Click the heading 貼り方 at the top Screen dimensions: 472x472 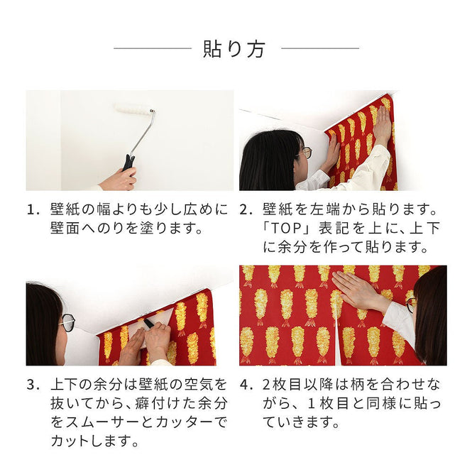(235, 49)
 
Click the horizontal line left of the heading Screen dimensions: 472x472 (152, 49)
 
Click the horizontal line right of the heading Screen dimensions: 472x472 (319, 49)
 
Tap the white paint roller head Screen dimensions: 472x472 (134, 109)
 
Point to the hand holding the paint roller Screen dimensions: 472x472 (118, 180)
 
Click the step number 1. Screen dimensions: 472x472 (32, 211)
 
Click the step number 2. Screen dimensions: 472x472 (245, 211)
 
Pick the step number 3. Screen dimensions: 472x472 (32, 385)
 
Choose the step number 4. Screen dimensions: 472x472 (245, 385)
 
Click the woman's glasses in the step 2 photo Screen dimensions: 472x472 (305, 153)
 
